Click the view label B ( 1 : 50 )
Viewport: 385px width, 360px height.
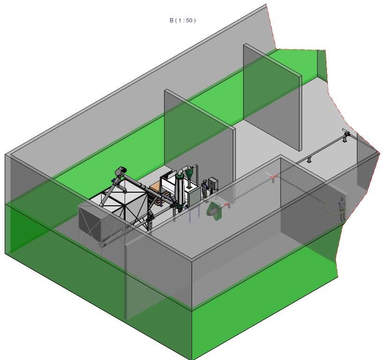[183, 21]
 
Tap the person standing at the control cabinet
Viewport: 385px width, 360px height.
[204, 189]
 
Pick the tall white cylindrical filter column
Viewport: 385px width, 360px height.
[180, 189]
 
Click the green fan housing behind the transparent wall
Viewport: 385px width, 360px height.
[214, 210]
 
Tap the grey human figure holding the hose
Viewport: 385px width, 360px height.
[342, 209]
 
